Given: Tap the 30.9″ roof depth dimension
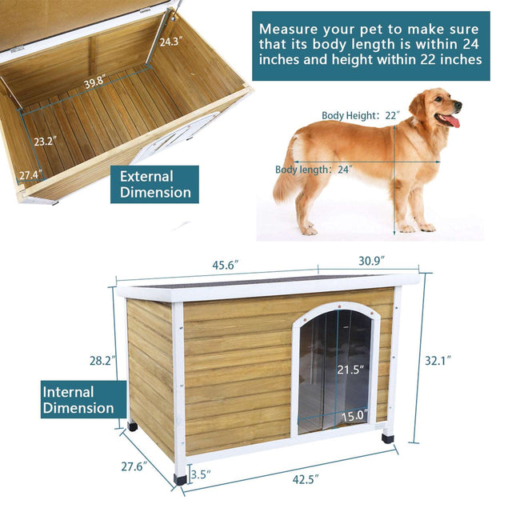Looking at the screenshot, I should (x=371, y=260).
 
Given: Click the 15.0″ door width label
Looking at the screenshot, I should (x=354, y=415).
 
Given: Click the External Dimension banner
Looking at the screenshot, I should (x=155, y=184).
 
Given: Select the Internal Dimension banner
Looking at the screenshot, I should (x=78, y=400).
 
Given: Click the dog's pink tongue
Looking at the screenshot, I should (x=454, y=122).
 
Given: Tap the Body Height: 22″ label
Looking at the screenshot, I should (x=360, y=115).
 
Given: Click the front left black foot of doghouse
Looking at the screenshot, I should (x=181, y=478).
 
